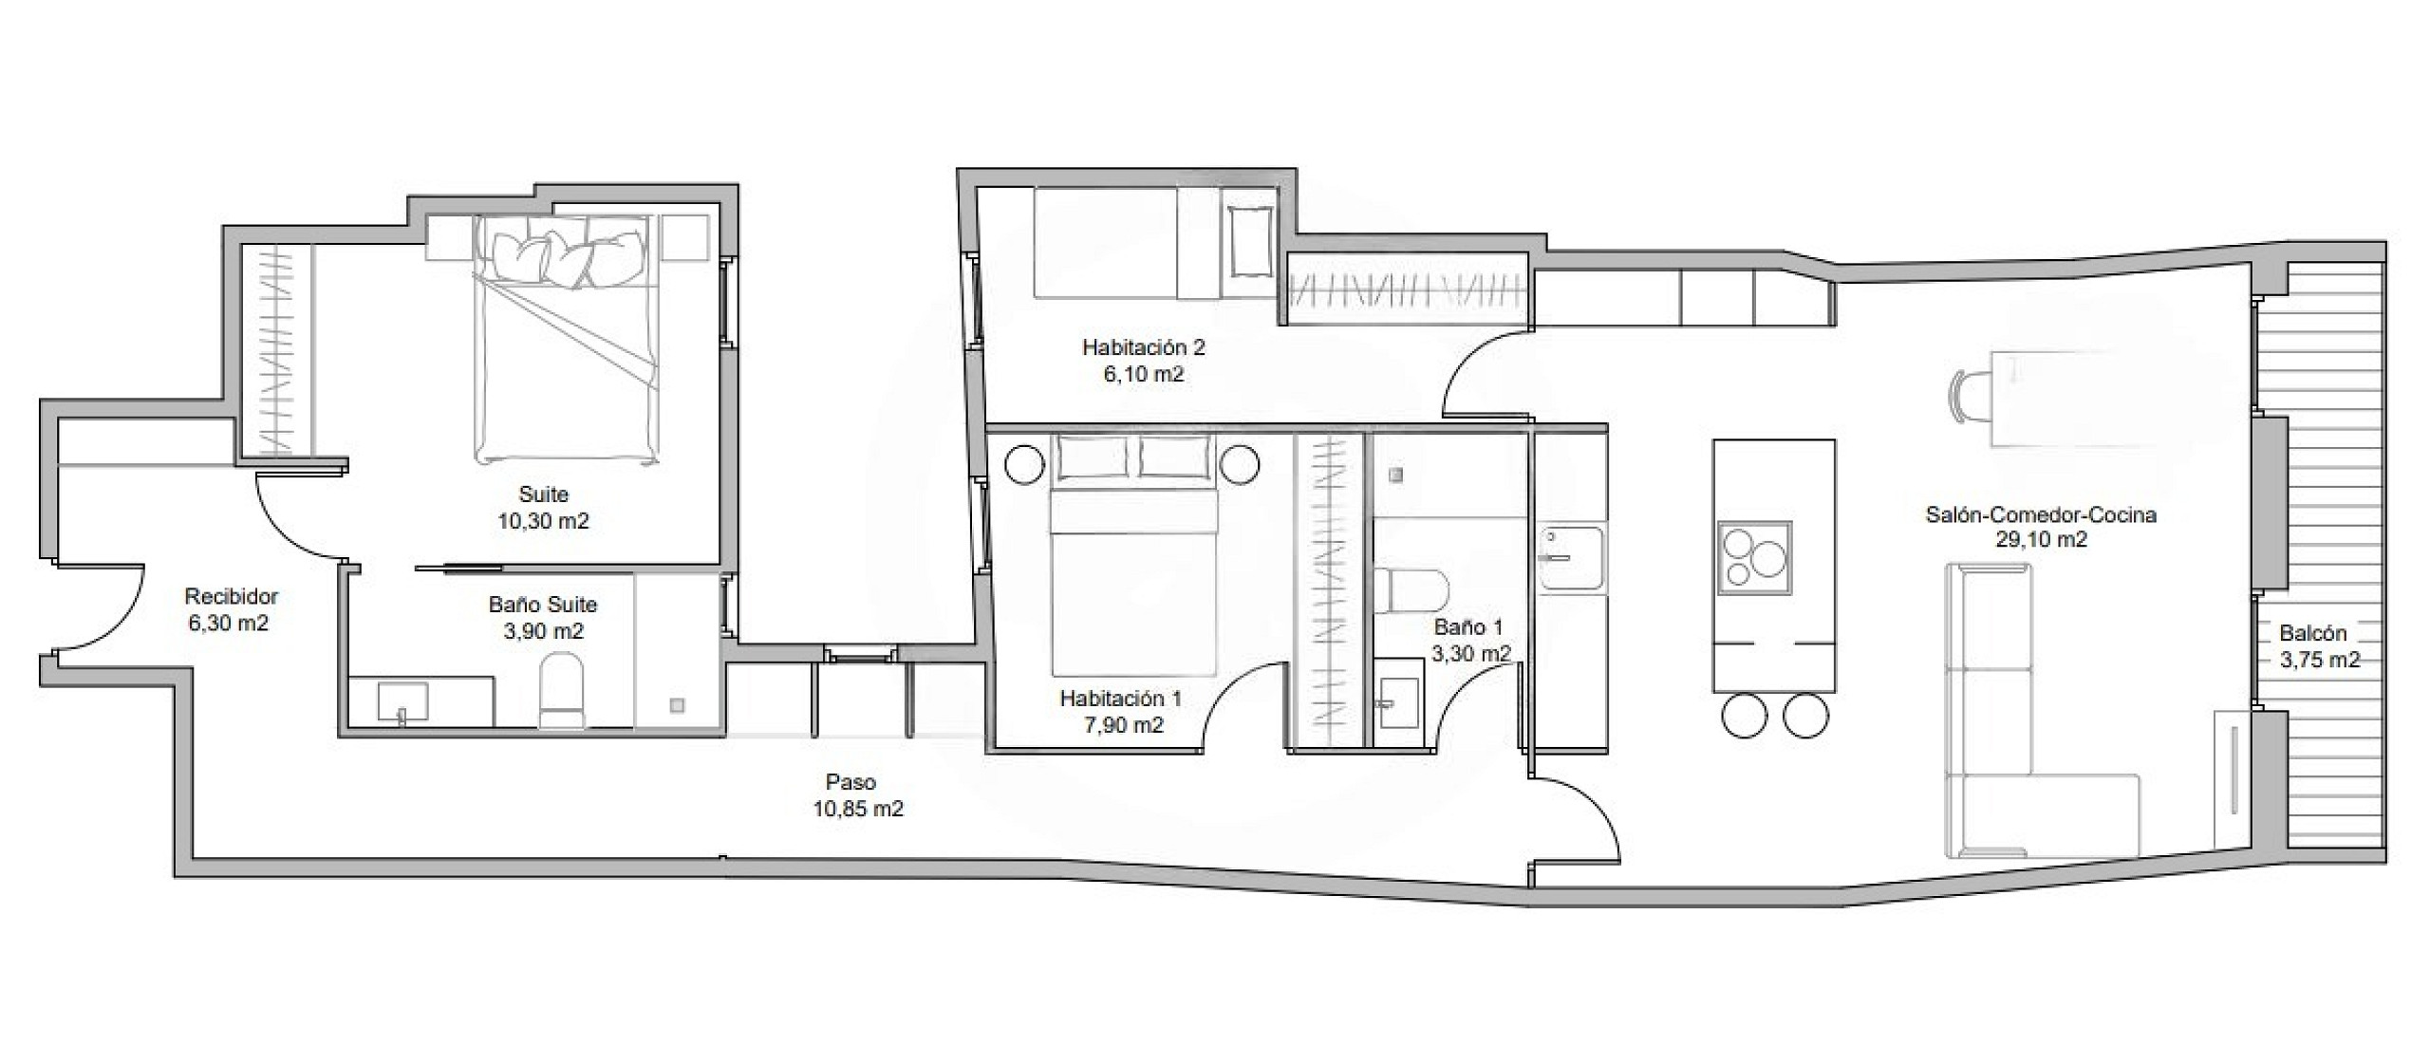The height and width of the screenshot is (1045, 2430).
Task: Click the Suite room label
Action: coord(543,494)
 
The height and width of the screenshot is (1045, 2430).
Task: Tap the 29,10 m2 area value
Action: coord(2041,539)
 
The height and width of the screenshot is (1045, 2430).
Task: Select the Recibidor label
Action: coord(231,596)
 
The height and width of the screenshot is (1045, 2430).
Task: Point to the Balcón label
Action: coord(2312,633)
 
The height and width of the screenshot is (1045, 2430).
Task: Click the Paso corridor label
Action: coord(850,782)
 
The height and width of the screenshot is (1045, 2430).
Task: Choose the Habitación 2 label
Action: coord(1143,347)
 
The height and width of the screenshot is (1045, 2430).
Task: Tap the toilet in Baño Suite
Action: coord(562,689)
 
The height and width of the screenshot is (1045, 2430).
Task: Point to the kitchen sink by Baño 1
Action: coord(1571,560)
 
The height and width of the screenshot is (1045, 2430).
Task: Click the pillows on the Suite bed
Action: coord(567,256)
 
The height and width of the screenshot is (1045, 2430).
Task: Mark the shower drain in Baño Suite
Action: coord(677,705)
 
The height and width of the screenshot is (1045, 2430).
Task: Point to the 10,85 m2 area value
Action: coord(858,809)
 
